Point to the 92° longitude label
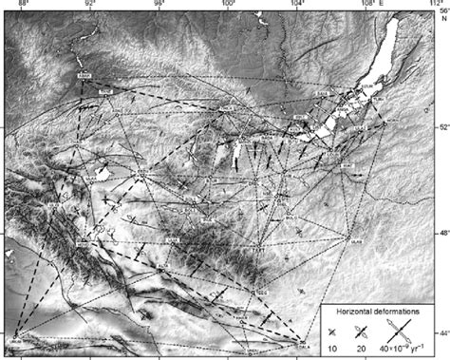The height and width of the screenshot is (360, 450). (90, 4)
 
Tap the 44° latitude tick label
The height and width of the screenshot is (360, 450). (441, 332)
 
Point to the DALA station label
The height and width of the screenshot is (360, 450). (302, 346)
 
